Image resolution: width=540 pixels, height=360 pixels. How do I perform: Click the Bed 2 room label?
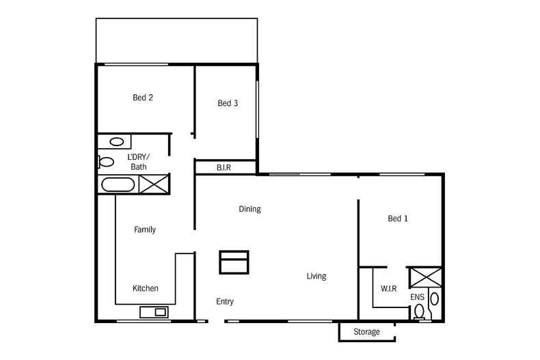(142, 98)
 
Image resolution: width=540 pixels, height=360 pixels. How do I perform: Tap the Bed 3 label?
(228, 104)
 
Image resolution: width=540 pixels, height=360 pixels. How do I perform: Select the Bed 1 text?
(398, 219)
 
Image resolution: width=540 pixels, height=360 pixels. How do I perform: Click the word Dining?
(249, 209)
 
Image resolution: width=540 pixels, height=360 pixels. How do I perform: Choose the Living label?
(316, 277)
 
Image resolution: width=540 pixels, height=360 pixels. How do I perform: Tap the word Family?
(144, 230)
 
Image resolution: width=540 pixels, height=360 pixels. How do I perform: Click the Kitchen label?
(145, 289)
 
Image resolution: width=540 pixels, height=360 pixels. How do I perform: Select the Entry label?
(225, 301)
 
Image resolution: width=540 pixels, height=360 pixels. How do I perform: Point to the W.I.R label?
(389, 289)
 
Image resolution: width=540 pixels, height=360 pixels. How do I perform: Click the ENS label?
(417, 298)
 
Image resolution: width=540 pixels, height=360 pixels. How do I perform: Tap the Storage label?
(366, 332)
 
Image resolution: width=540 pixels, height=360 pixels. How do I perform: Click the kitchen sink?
(154, 312)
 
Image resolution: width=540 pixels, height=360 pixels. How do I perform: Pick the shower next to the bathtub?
(154, 184)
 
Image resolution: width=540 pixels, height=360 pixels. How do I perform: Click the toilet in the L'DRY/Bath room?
(105, 162)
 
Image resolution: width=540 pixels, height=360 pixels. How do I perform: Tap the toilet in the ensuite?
(419, 312)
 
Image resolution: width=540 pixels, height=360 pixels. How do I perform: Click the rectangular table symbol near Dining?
(234, 262)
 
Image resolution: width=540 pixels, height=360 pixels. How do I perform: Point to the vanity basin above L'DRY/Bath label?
(118, 142)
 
